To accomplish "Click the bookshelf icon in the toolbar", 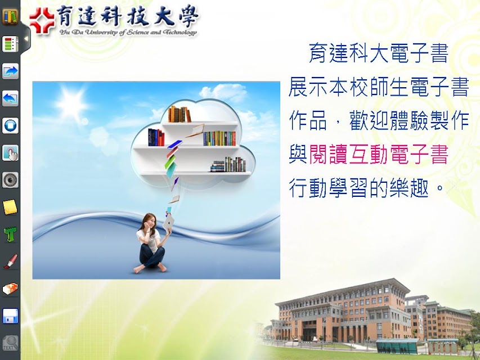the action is pos(10,16).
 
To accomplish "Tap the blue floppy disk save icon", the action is pos(10,316).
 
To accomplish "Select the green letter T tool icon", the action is pos(10,234).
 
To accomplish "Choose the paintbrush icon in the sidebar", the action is pos(10,262).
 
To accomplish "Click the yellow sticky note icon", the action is pos(10,207).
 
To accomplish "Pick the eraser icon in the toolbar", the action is pos(10,289).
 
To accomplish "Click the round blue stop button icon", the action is pos(10,125).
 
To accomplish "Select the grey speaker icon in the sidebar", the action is pos(10,179).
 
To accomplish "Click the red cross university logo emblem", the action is pos(42,20).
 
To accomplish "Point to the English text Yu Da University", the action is pos(89,32).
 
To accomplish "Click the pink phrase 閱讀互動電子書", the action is pos(379,154).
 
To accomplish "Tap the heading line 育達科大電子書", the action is pos(379,53).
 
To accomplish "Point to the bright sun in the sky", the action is pos(71,103).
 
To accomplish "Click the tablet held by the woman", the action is pos(168,224).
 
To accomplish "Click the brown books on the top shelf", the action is pos(180,114).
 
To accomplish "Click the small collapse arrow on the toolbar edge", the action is pos(26,39).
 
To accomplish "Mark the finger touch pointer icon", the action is pos(10,153).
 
